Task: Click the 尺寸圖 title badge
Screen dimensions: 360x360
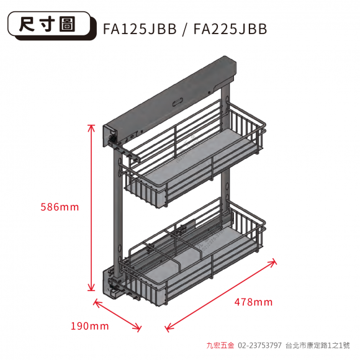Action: click(x=52, y=25)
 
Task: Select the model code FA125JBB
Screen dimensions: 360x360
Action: click(x=140, y=29)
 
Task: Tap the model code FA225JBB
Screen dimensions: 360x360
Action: click(x=230, y=29)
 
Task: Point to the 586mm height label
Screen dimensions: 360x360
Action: click(x=60, y=207)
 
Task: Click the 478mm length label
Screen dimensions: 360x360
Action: click(x=253, y=302)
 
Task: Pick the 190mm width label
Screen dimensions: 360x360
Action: click(x=90, y=326)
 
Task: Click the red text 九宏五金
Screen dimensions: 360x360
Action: click(x=220, y=345)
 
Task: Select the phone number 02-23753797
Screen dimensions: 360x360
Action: click(x=259, y=345)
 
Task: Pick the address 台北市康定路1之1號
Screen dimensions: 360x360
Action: click(x=318, y=345)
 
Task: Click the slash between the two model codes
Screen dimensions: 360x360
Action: click(x=185, y=29)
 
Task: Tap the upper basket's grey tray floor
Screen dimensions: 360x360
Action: click(x=195, y=158)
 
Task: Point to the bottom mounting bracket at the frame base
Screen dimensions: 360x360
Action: click(x=112, y=285)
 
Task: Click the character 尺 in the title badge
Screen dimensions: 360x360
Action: click(x=27, y=24)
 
